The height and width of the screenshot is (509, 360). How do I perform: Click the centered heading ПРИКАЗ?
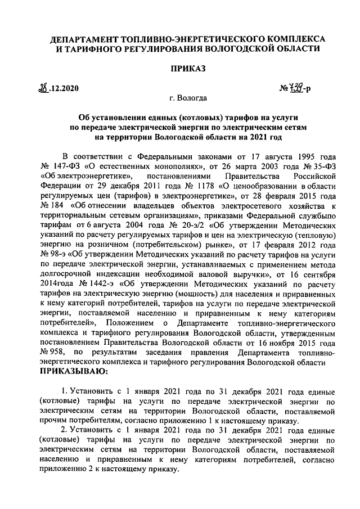point(180,69)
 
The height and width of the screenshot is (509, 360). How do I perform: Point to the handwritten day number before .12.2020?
point(40,88)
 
